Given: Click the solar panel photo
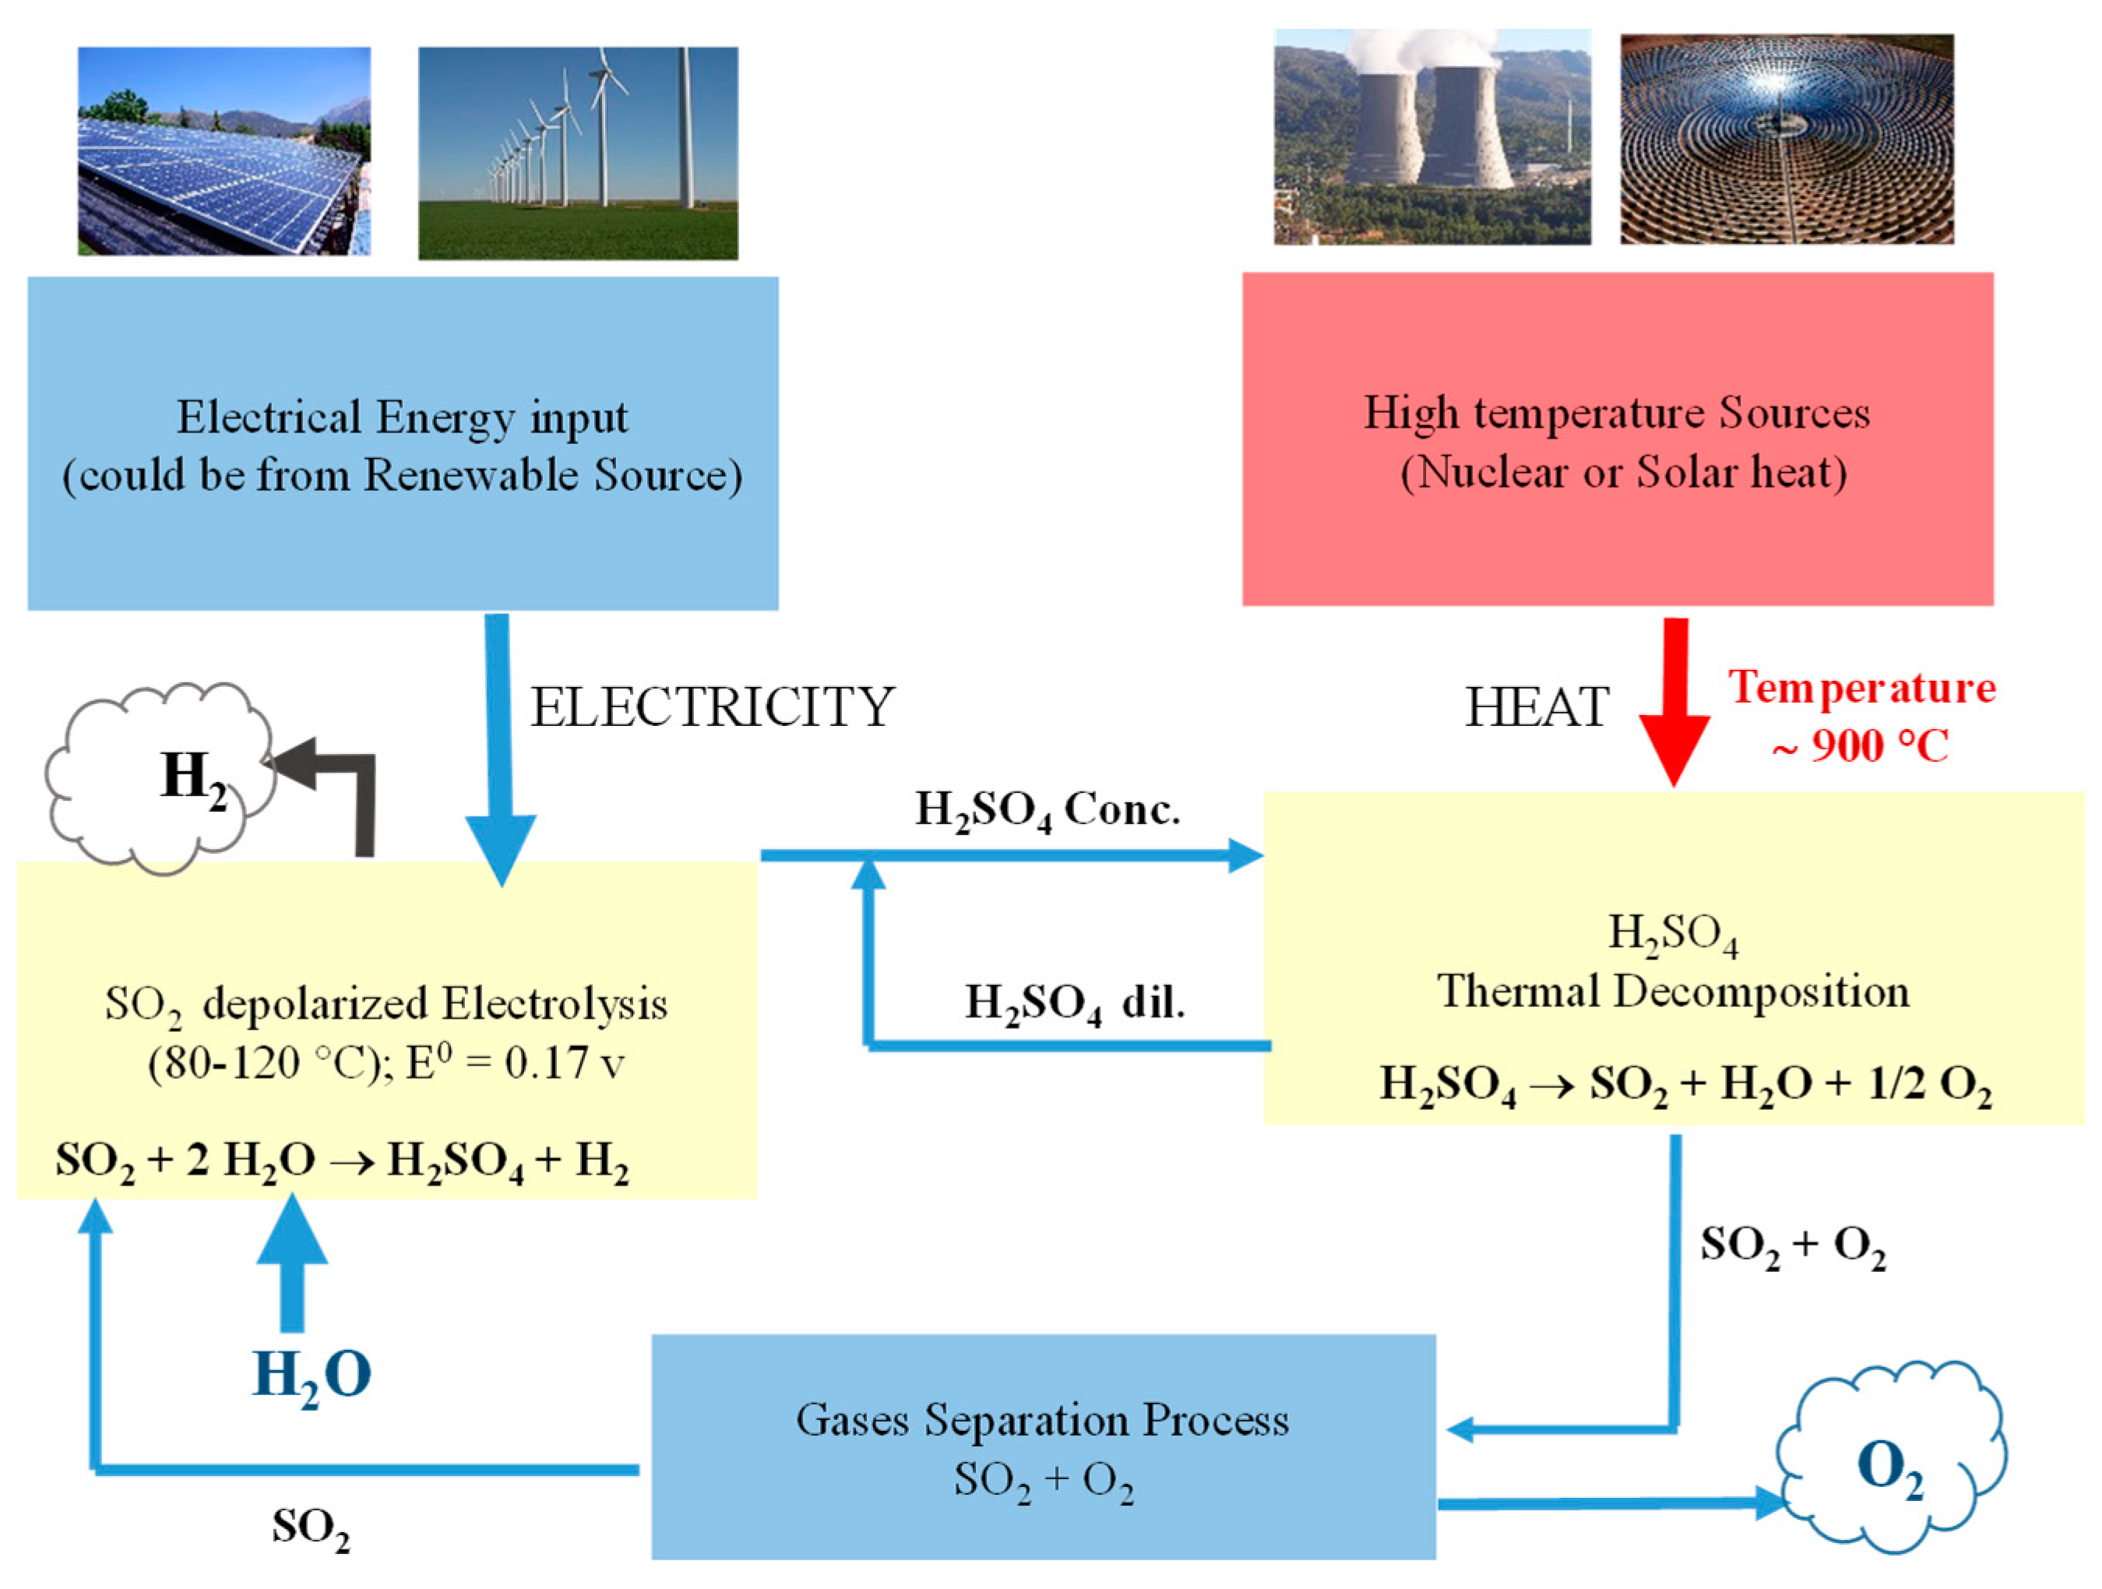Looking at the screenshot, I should coord(224,150).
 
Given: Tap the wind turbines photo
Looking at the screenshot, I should coord(578,152).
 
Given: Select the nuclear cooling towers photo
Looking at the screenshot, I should coord(1432,137).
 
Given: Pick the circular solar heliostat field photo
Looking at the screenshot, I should coord(1787,139).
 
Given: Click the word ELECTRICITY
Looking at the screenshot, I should coord(712,707).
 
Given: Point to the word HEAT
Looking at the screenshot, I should coord(1537,708).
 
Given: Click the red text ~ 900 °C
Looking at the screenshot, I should coord(1861,745).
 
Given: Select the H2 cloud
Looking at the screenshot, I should coord(157,777).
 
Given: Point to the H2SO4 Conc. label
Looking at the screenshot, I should coord(1047,811).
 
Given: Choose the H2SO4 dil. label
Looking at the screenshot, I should coord(1075,1003).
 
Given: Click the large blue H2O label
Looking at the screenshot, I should coord(312,1375).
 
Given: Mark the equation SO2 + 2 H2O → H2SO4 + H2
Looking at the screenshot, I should coord(342,1161).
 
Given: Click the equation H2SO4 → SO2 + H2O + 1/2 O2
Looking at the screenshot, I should coord(1685,1084).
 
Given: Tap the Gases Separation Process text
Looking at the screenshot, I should coord(1043,1421).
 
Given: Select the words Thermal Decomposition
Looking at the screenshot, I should coord(1672,992).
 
